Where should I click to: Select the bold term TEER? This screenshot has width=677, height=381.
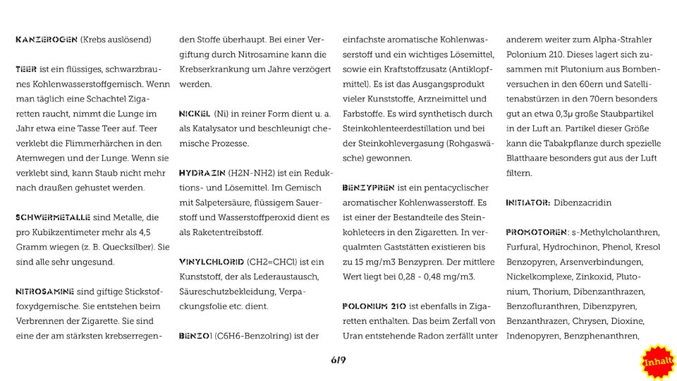26,69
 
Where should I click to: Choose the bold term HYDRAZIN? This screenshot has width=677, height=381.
202,173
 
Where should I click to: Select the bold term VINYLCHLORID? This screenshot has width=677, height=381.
211,262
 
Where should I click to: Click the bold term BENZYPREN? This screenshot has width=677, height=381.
368,188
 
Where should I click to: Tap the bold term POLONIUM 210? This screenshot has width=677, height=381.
377,306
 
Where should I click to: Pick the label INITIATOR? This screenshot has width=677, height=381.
527,202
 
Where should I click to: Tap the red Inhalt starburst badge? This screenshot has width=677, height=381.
657,361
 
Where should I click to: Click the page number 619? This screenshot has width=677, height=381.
338,361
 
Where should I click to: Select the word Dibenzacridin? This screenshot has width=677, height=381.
583,202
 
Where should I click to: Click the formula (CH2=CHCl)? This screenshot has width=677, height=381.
277,262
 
